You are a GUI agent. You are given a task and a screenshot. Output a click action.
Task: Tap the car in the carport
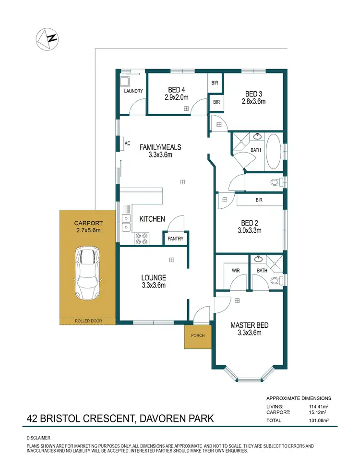click(86, 274)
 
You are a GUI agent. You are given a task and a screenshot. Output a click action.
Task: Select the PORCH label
click(197, 335)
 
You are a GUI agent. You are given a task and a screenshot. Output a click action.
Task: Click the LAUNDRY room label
click(133, 91)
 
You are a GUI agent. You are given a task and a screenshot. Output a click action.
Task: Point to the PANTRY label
click(175, 239)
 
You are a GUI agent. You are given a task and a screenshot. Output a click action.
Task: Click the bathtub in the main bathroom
click(274, 151)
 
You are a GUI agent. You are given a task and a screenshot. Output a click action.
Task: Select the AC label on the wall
click(128, 143)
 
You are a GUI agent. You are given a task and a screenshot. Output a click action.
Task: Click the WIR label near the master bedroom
click(236, 271)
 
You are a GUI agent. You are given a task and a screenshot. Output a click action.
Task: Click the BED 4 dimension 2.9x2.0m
click(177, 97)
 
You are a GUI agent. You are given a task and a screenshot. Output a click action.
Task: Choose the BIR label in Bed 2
click(259, 199)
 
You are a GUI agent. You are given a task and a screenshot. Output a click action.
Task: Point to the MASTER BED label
click(249, 325)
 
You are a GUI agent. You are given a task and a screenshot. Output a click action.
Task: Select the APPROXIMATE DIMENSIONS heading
click(299, 398)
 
